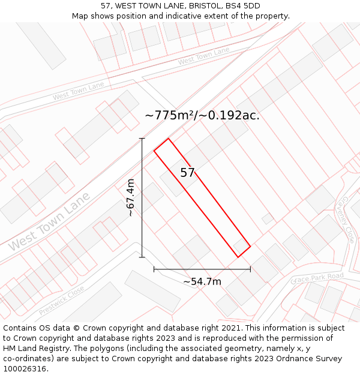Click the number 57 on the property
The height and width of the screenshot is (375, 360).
(x=188, y=173)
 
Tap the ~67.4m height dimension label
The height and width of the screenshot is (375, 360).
(x=130, y=197)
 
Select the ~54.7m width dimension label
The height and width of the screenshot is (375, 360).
(x=202, y=281)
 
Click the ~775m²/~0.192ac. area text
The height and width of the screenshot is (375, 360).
(x=202, y=116)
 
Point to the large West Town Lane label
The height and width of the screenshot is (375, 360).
(x=49, y=221)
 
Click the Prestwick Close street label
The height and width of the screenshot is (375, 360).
(x=61, y=300)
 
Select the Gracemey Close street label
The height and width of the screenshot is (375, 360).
(x=347, y=220)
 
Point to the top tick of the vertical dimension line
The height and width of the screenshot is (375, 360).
(x=142, y=139)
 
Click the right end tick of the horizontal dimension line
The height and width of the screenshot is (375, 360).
(x=250, y=269)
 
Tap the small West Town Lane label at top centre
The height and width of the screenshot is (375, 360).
(x=203, y=56)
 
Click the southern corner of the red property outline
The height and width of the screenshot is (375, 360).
(x=238, y=257)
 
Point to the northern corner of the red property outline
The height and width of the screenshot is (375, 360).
(x=168, y=139)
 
